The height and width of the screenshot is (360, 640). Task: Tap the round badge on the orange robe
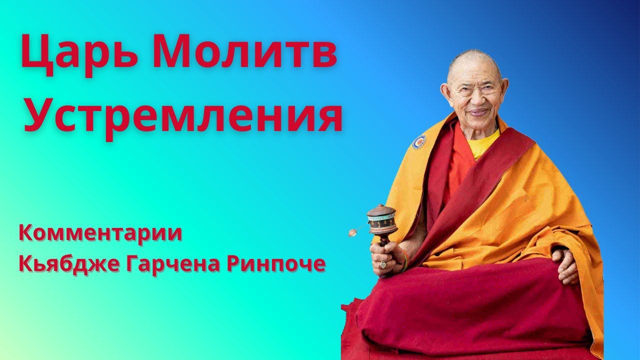click(419, 142)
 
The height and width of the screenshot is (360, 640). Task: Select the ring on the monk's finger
click(382, 264)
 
